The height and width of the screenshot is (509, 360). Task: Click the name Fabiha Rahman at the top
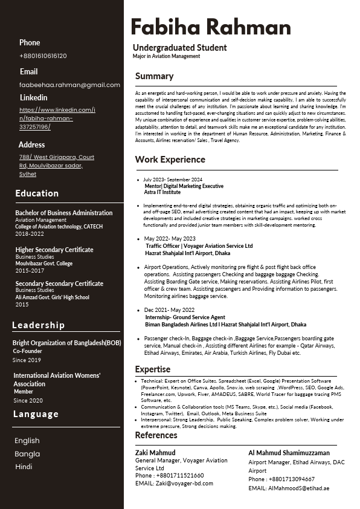coord(210,27)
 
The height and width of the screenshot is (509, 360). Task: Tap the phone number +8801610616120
coord(43,56)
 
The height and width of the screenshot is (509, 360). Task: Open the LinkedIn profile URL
coord(57,118)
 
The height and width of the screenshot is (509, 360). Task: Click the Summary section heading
coord(154,76)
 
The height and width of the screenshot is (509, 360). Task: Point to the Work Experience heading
coord(170,160)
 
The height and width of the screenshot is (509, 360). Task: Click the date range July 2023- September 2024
coord(173,180)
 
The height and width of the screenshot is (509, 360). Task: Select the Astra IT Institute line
coord(162,192)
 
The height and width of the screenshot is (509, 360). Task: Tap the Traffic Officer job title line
coord(199,246)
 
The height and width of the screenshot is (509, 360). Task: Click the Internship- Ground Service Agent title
coord(185,317)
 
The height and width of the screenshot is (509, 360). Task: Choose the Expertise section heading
coord(152,369)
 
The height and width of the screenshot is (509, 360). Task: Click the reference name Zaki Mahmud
coord(155,452)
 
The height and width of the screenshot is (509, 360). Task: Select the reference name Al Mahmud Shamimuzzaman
coord(289,452)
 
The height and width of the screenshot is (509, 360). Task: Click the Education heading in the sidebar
coord(37,193)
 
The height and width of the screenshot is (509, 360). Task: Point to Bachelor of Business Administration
coord(63,213)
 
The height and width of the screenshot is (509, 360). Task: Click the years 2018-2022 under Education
coord(30,233)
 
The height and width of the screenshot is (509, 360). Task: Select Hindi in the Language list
coord(24,467)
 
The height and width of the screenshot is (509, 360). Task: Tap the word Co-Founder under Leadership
coord(27,351)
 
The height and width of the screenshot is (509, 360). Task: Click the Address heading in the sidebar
coord(31,144)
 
